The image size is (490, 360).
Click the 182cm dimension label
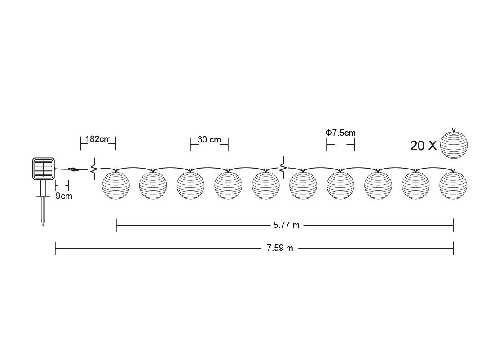click(98, 139)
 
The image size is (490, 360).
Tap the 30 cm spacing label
click(209, 140)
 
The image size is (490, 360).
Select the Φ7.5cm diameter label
click(340, 133)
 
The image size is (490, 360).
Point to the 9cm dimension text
click(64, 196)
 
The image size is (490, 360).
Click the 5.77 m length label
click(286, 225)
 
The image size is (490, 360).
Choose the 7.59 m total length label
click(280, 248)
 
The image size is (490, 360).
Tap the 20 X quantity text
click(424, 146)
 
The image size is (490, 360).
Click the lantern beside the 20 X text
click(454, 144)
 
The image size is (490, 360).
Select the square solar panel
click(44, 169)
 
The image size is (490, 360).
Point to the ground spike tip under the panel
click(43, 226)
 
